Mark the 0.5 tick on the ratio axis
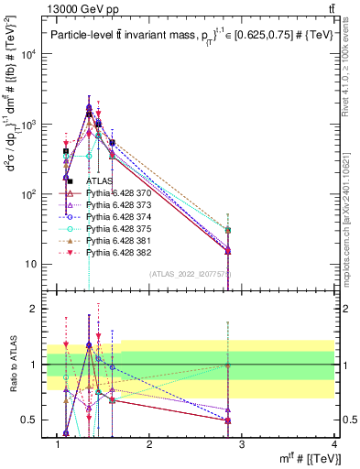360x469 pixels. coord(35,420)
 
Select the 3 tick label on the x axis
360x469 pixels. coord(242,444)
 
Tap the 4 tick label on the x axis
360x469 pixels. coord(334,444)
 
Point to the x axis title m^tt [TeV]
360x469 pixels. coord(307,458)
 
